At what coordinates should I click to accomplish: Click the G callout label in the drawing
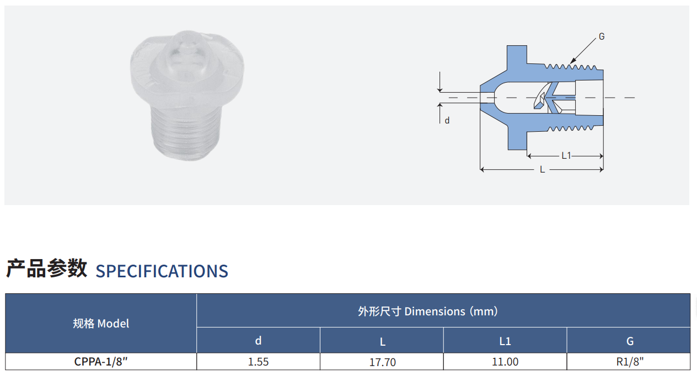tap(602, 37)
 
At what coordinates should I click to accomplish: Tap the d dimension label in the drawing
tap(447, 120)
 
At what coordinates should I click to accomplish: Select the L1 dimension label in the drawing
tap(566, 155)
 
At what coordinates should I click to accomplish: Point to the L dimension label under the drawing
tap(543, 169)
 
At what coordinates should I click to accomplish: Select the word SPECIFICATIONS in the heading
tap(162, 271)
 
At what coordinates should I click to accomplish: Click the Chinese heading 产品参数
tap(46, 268)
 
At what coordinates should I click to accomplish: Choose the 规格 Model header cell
tap(101, 324)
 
